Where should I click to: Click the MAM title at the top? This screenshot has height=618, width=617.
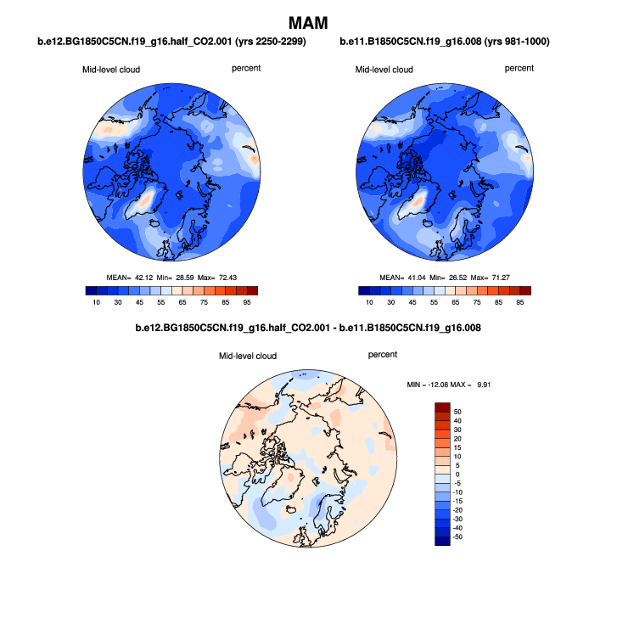[x=308, y=21]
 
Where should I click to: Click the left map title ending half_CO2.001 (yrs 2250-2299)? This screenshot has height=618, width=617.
[x=171, y=42]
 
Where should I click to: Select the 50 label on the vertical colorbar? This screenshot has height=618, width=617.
[x=457, y=411]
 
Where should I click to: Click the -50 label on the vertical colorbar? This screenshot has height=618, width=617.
[x=458, y=537]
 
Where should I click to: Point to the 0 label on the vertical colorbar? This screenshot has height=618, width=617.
[x=457, y=474]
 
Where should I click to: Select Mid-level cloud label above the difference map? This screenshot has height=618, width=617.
[x=248, y=356]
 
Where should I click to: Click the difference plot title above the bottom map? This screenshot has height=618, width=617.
[x=308, y=328]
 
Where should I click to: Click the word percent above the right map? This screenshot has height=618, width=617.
[x=519, y=68]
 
